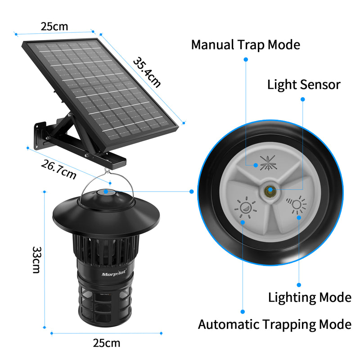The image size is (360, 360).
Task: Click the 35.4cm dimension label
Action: [147, 72]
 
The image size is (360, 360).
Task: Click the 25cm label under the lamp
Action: [107, 343]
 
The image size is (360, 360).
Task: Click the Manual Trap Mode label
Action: [245, 45]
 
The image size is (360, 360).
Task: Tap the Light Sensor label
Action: [304, 84]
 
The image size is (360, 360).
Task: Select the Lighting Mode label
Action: [310, 297]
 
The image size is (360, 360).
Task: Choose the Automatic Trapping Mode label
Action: [274, 324]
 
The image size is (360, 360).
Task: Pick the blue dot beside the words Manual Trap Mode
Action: [246, 59]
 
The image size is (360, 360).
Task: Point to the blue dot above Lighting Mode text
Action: [299, 284]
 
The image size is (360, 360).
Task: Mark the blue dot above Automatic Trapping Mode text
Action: [243, 311]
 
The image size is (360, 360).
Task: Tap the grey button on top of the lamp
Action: [106, 192]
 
